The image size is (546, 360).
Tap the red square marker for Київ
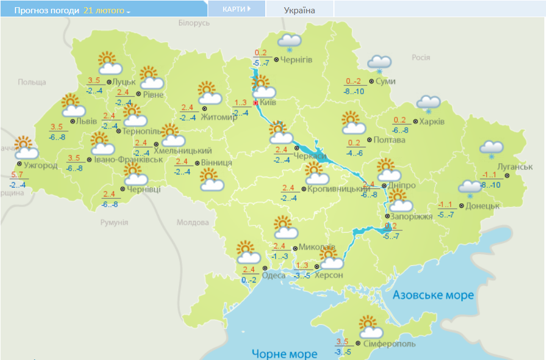pos(255,103)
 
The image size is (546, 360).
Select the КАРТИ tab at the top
pos(236,9)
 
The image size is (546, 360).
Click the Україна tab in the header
pos(299,10)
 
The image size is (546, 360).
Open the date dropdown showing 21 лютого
pos(107,11)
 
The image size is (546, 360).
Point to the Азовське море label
pos(433,295)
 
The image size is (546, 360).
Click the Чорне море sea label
pos(285,353)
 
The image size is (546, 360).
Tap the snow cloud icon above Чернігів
pos(289,42)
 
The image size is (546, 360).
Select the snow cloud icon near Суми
pos(379,63)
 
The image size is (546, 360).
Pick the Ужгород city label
pos(40,166)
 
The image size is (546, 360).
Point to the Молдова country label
pos(192,222)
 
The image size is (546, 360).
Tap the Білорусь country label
pos(194,23)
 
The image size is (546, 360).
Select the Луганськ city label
pos(514,167)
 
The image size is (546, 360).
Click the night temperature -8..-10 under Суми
pos(353,91)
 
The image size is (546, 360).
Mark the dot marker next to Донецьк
pos(462,205)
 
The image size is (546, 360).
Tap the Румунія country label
pos(114,222)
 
